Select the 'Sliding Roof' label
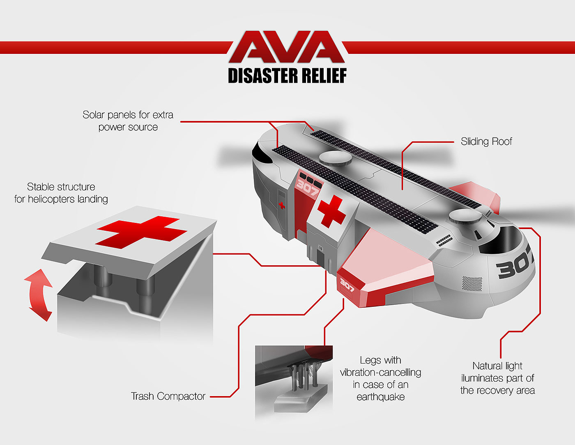[x=486, y=141]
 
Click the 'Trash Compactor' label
[x=168, y=396]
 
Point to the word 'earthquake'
[x=380, y=397]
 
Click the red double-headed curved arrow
[x=39, y=294]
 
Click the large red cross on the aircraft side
[x=331, y=211]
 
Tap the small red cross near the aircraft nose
[x=282, y=205]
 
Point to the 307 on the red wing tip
[x=347, y=285]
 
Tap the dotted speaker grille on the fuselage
[x=472, y=283]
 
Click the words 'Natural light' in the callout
[x=497, y=366]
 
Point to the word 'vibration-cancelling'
[x=380, y=373]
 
